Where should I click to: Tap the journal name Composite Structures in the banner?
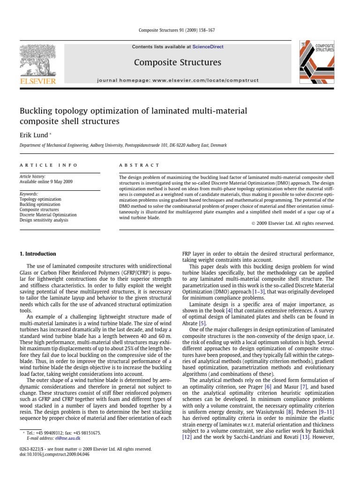pos(178,62)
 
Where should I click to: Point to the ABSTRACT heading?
pos(140,165)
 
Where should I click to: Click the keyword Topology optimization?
pos(40,199)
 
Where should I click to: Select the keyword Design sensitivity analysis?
pos(45,220)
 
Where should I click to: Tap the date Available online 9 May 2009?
pos(46,181)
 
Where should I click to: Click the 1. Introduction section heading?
pos(37,254)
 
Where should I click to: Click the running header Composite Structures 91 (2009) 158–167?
pos(180,31)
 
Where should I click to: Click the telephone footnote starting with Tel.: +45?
pos(61,433)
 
